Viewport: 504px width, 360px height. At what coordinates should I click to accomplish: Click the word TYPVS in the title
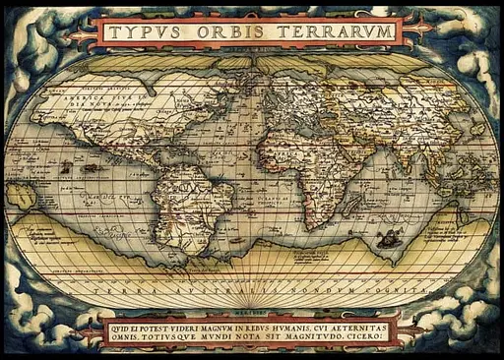click(x=148, y=31)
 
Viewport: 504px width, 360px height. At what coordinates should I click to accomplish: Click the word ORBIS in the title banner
click(x=233, y=31)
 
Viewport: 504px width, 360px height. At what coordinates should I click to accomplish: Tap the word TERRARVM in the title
click(x=334, y=31)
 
